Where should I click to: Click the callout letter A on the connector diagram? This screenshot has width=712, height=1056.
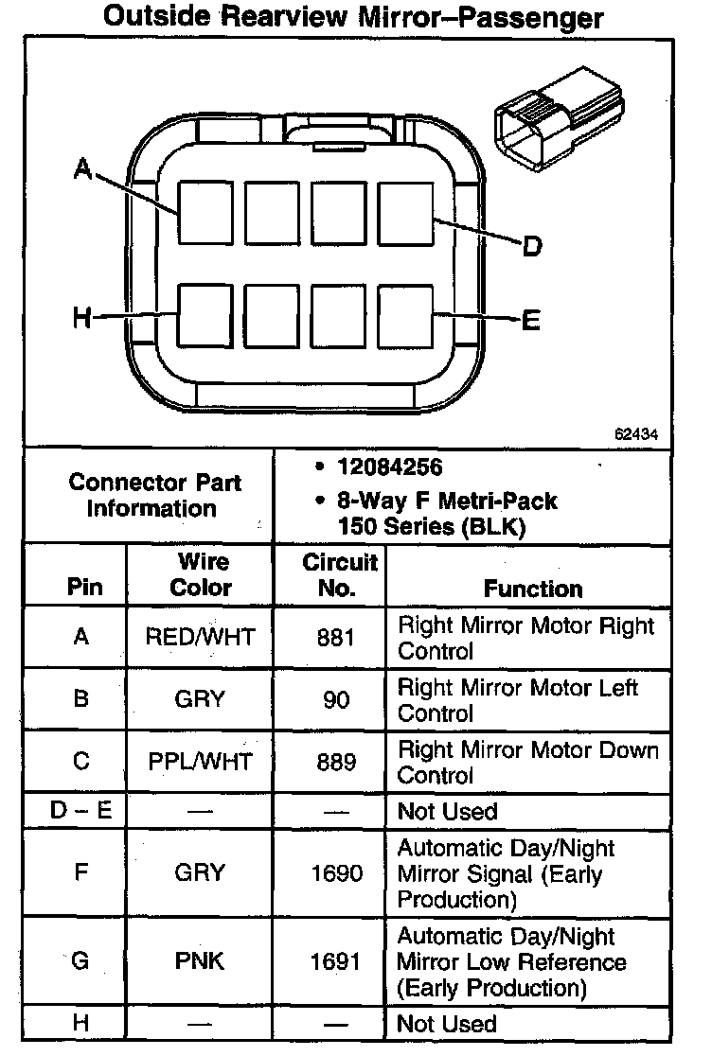pos(82,168)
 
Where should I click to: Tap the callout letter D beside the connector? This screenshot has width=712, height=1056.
pos(532,246)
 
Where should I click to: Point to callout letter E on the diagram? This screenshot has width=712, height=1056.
pos(531,320)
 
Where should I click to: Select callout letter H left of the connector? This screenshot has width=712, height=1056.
pos(82,317)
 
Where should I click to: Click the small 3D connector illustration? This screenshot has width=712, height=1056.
pos(559,118)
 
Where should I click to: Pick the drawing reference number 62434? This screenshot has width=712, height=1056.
pos(635,434)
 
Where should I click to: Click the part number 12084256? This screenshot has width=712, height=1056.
pos(389,467)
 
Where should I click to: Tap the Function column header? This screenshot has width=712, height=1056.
pos(533,589)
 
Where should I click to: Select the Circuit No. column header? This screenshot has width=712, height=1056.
pos(339,575)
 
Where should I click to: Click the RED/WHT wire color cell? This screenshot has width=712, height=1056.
pos(200,637)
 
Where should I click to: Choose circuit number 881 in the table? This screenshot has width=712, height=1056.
pos(335,637)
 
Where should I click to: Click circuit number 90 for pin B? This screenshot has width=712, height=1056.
pos(336,699)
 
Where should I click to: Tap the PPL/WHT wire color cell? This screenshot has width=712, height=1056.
pos(200,762)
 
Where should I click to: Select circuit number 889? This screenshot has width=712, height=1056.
pos(336,762)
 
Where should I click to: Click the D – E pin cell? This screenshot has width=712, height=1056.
pos(80,810)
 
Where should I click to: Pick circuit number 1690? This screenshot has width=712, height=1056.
pos(337,873)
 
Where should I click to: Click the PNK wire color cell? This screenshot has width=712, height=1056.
pos(200,961)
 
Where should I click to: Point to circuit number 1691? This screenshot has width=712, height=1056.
pos(336,961)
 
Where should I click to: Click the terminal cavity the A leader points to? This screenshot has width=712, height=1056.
pos(205,213)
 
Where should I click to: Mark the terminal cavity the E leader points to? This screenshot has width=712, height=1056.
pos(405,317)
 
